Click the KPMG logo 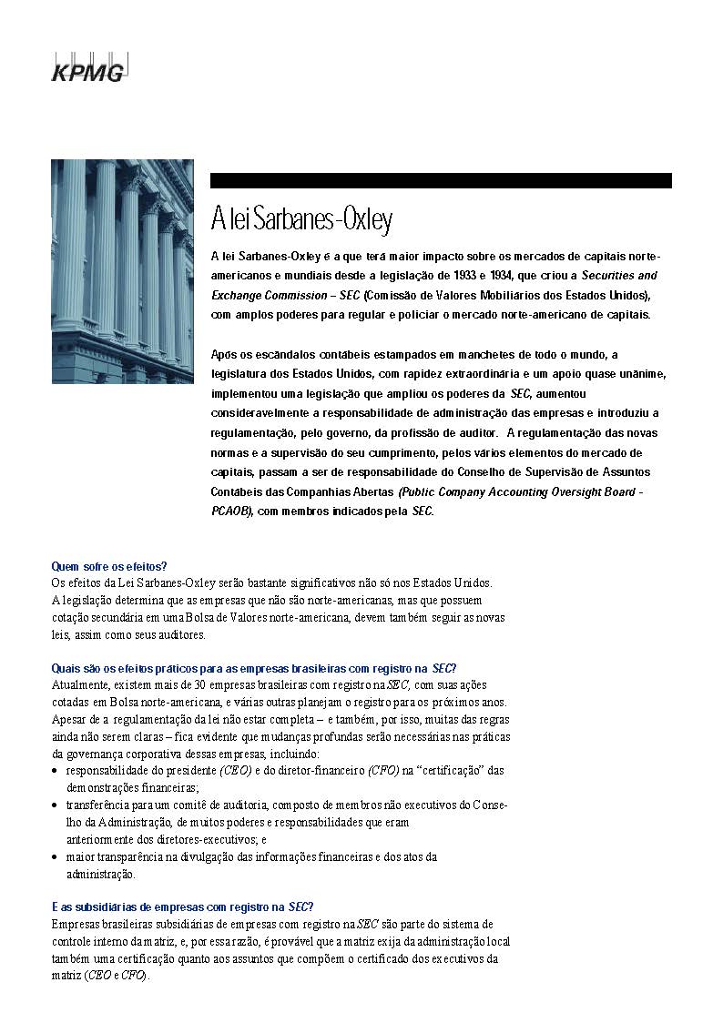(87, 68)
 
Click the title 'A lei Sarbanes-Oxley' (301, 219)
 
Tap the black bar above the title (441, 180)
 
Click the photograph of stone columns (122, 271)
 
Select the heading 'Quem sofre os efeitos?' (109, 566)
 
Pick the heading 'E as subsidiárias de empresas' (182, 906)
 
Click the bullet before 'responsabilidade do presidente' (56, 771)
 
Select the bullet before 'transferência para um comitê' (56, 805)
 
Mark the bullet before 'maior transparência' (56, 857)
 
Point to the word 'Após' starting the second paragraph (224, 354)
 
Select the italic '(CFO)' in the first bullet (383, 771)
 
